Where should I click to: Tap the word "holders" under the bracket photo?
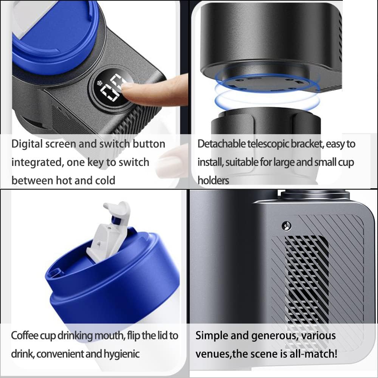point(213,180)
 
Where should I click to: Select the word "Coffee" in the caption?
point(25,335)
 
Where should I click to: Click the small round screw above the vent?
point(287,226)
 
